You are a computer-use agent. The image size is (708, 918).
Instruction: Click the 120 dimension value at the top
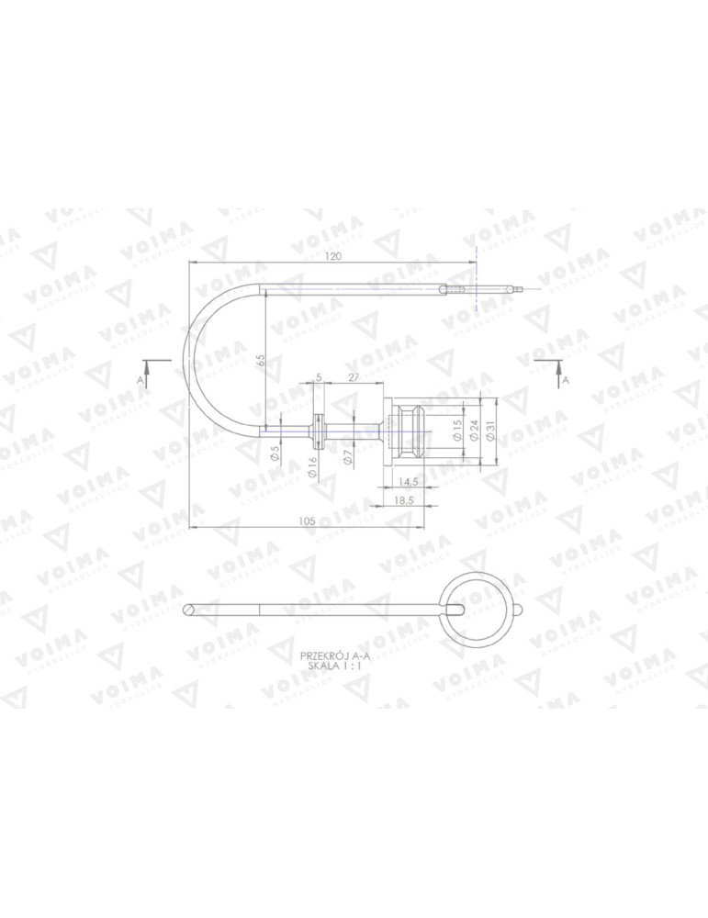pos(332,257)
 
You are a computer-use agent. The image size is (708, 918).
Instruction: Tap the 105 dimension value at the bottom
pos(307,521)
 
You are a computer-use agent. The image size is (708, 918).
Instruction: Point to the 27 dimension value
pos(353,377)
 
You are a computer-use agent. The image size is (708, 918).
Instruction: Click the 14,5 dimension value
pos(409,482)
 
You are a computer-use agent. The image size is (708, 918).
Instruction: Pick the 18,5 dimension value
pos(402,500)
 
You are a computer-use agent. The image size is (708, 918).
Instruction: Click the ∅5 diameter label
pos(275,452)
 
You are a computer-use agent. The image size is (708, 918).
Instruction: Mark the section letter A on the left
pos(140,378)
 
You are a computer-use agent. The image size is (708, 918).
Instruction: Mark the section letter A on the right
pos(566,378)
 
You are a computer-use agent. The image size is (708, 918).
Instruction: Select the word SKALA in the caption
pos(323,666)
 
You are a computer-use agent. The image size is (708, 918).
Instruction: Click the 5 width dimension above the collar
pos(318,377)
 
